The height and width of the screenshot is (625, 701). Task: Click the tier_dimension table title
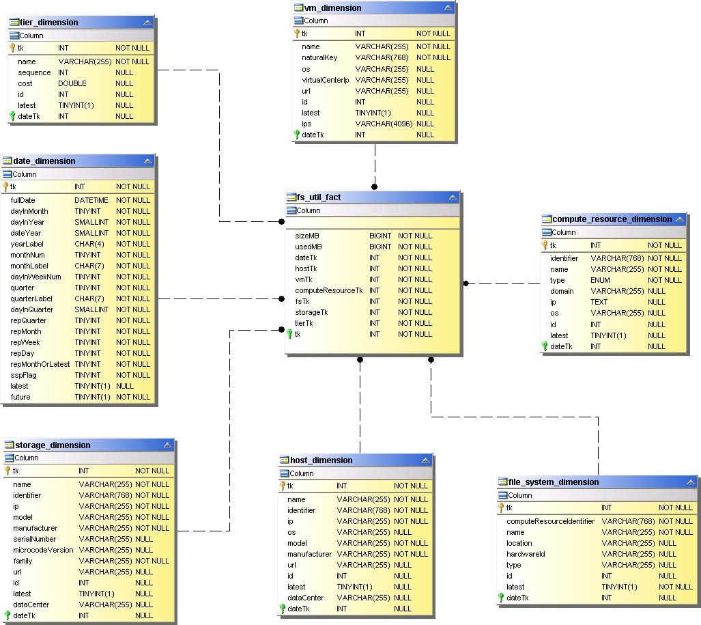click(x=49, y=23)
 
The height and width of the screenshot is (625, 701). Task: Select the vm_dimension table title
click(x=333, y=8)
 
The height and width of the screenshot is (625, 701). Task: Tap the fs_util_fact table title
click(x=319, y=197)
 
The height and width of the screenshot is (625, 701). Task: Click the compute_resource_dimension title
click(x=612, y=219)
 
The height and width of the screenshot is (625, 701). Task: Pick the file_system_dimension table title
click(x=554, y=482)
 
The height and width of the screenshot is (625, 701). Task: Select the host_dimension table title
click(x=321, y=460)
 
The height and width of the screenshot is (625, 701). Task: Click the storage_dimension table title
click(x=53, y=445)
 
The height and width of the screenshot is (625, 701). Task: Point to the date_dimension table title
click(x=44, y=161)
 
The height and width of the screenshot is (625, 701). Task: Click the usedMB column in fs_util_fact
click(x=309, y=247)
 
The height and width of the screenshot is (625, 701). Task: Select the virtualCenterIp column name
click(x=325, y=80)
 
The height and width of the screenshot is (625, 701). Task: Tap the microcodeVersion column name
click(x=43, y=550)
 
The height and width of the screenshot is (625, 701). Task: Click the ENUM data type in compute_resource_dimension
click(x=600, y=280)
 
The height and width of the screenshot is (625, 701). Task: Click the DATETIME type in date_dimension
click(x=91, y=200)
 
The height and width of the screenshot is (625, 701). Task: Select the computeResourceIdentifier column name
click(x=550, y=521)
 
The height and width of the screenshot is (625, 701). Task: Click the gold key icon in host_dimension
click(x=282, y=486)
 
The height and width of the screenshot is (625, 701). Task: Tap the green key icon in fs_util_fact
click(x=289, y=334)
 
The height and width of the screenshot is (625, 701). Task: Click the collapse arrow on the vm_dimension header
click(x=448, y=8)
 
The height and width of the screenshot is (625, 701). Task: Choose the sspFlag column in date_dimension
click(x=24, y=375)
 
